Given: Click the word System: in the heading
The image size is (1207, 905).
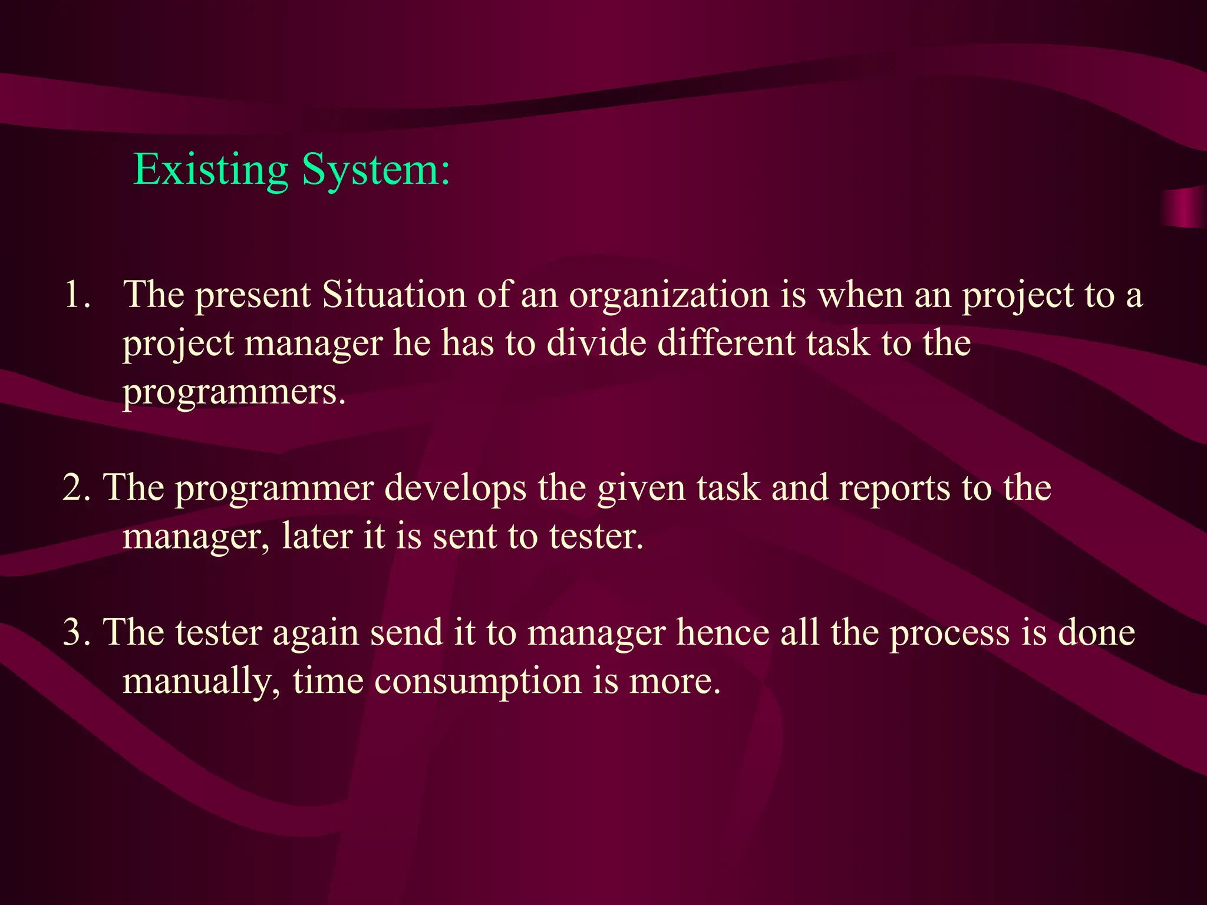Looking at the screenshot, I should [376, 171].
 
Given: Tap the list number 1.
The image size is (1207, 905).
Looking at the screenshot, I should [77, 295].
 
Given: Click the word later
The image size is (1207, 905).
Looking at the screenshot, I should [317, 537].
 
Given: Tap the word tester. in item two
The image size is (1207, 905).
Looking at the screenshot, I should [596, 537].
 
